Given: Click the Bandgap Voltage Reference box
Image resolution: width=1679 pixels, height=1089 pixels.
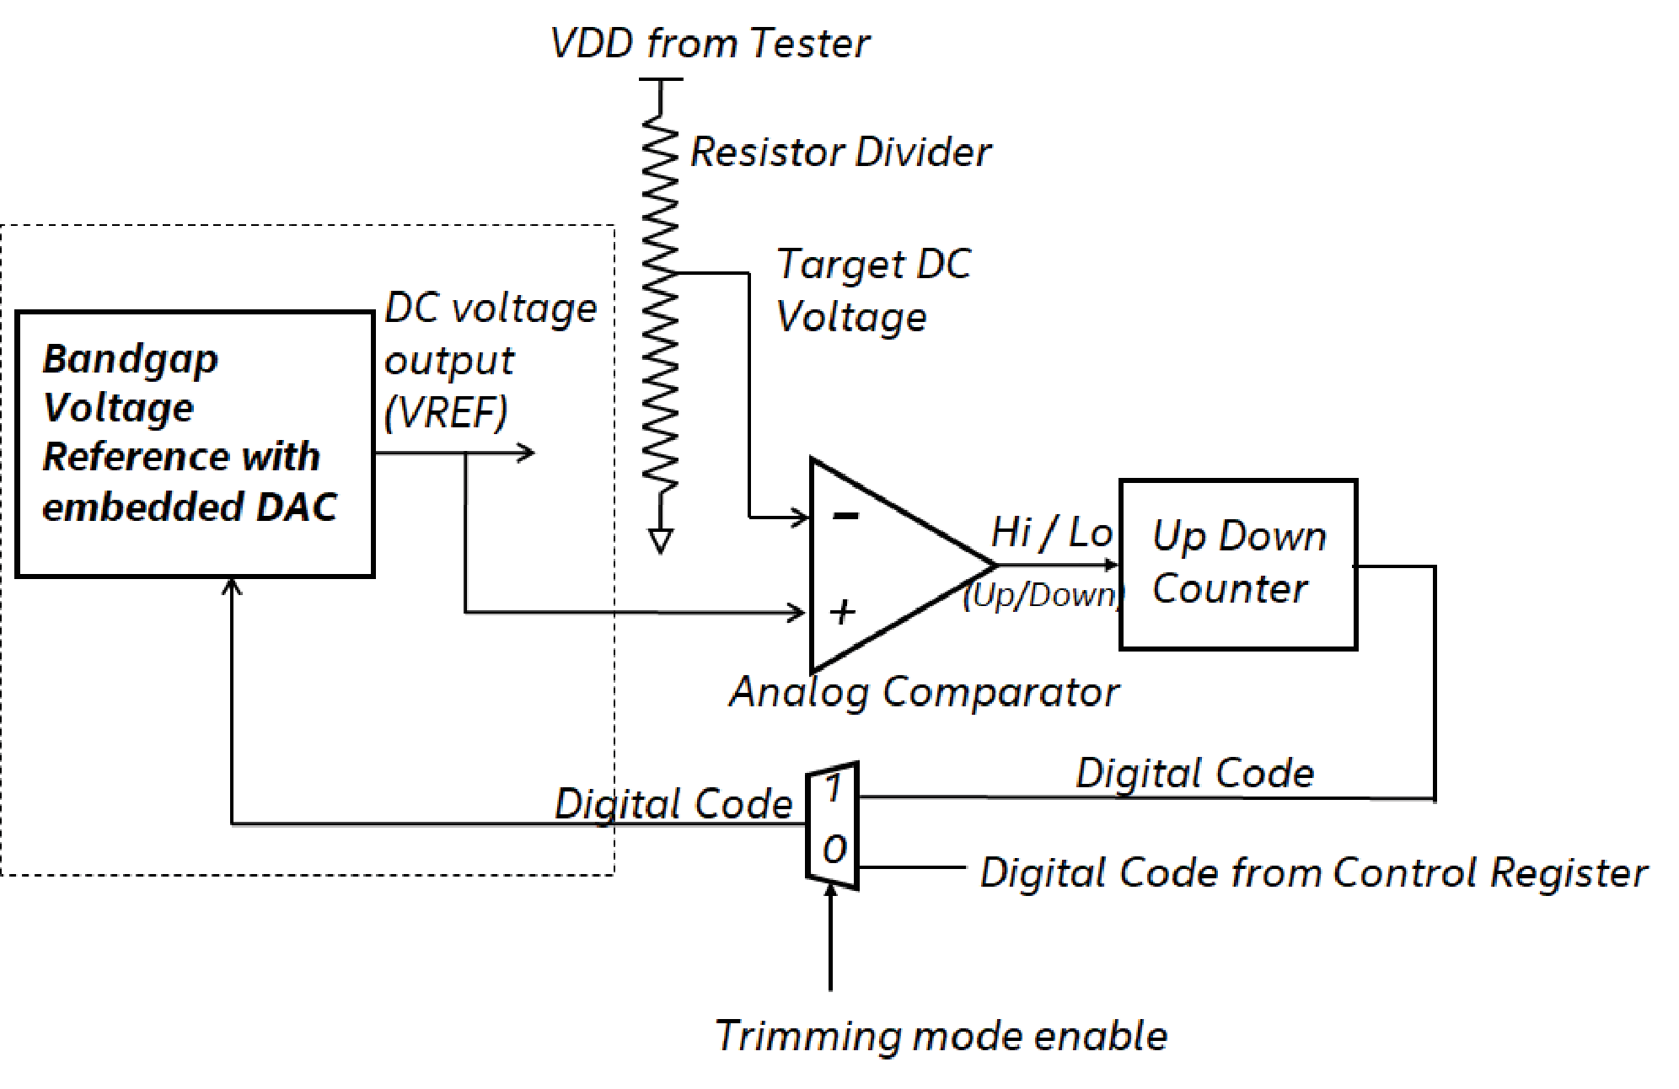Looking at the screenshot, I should click(x=195, y=443).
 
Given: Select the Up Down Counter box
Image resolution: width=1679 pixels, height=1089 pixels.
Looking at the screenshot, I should click(x=1237, y=564).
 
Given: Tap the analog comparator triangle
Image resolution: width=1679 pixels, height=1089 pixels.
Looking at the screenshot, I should click(x=885, y=565).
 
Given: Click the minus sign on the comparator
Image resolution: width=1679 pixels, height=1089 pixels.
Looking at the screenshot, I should click(x=845, y=515).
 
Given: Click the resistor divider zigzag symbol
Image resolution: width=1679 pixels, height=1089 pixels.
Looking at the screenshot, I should click(x=660, y=303).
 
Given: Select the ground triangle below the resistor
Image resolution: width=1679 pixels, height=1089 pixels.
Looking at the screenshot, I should click(x=661, y=540).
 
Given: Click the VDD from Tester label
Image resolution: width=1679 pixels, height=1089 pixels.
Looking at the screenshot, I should click(x=710, y=43).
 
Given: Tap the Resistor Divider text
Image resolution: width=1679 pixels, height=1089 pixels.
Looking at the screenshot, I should click(x=840, y=153).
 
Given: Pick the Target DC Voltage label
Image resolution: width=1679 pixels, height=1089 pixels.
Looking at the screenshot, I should click(x=872, y=290).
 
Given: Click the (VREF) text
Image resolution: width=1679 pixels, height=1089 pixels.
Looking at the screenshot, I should click(x=446, y=412).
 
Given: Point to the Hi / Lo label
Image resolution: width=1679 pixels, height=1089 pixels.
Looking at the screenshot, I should click(x=1051, y=533).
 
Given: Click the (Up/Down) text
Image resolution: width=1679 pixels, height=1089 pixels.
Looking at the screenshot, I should click(x=1043, y=595).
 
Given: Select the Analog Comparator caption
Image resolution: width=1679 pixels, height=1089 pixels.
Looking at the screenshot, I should click(x=924, y=692).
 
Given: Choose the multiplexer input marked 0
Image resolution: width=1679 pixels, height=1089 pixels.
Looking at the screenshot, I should click(x=834, y=850).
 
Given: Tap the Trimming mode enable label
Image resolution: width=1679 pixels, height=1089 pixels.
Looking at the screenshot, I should click(x=941, y=1035).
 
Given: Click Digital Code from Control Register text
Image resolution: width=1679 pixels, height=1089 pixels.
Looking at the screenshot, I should click(x=1313, y=872).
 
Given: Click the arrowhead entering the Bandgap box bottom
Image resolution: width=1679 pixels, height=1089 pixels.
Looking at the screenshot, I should click(x=232, y=585).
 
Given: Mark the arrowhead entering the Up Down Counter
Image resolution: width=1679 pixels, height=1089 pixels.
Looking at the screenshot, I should click(x=1111, y=565).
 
